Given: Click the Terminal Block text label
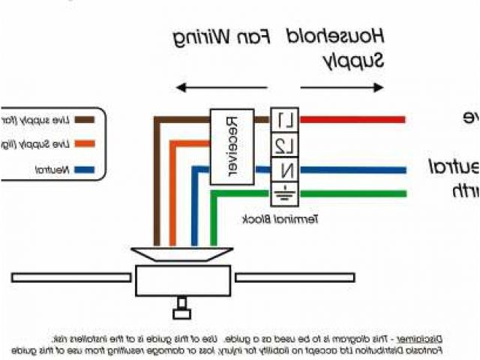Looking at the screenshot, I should (281, 218).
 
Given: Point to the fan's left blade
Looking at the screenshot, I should (71, 277).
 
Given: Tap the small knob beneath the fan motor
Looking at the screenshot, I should (180, 305).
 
